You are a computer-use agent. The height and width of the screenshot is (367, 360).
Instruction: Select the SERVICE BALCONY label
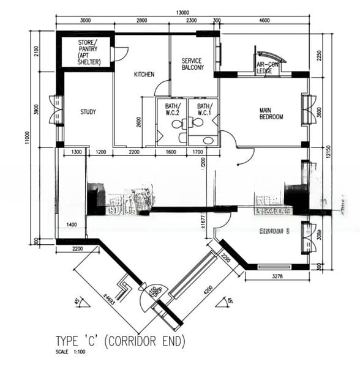pos(192,64)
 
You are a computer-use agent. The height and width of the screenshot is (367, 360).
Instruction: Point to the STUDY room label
pos(88,112)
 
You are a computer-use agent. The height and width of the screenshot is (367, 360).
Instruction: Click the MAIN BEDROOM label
pos(271,113)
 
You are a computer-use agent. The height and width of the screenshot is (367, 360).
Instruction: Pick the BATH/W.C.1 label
pos(203,109)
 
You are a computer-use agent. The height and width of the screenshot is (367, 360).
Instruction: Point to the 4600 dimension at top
pos(264,21)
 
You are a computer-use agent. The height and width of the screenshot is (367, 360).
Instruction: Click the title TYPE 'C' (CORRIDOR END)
pos(120,341)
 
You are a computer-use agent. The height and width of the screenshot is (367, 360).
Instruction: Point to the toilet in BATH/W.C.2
pos(176,124)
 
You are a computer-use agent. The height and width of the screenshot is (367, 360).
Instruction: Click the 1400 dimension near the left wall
pos(72,226)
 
